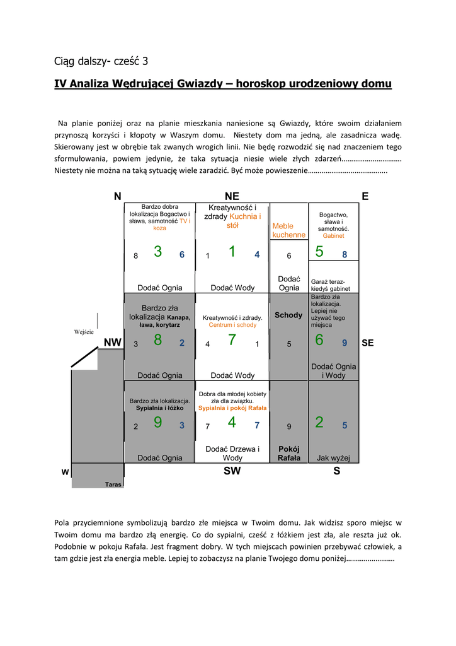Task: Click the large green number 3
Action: point(157,252)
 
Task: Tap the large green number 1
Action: point(232,252)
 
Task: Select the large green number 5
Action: point(319,252)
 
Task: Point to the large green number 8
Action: point(157,340)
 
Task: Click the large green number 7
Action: point(232,340)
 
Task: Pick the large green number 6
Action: point(319,340)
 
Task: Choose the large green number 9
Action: point(157,423)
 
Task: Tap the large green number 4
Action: point(232,423)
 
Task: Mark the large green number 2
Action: point(319,423)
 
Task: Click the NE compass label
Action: point(232,197)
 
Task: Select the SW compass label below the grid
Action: point(232,471)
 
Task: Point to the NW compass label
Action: point(112,343)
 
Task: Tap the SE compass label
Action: point(368,343)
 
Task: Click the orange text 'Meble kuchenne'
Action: point(288,230)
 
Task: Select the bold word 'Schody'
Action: point(288,315)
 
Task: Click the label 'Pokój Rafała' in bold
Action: point(289,454)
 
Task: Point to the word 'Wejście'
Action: point(84,332)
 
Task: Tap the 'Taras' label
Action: point(113,484)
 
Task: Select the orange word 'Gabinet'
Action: point(333,235)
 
